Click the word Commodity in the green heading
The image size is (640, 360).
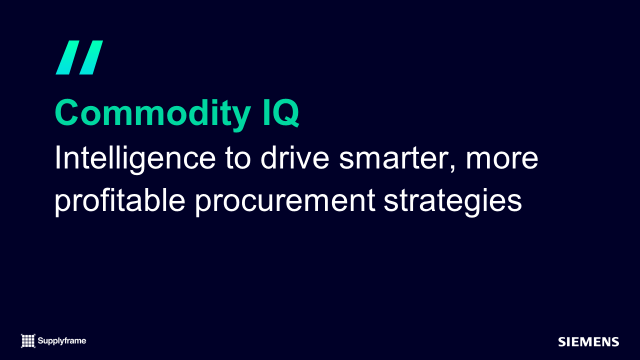(x=153, y=113)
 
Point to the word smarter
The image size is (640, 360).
(x=393, y=158)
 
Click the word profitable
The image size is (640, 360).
(x=120, y=201)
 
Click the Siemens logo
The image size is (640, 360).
(x=588, y=342)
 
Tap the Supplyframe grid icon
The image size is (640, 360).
(x=28, y=341)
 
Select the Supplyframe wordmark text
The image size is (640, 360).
(x=61, y=341)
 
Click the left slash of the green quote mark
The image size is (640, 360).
(x=67, y=57)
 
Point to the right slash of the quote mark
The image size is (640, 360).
(x=91, y=57)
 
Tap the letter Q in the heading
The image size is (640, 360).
(x=285, y=113)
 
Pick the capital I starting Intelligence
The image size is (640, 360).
(x=57, y=157)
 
